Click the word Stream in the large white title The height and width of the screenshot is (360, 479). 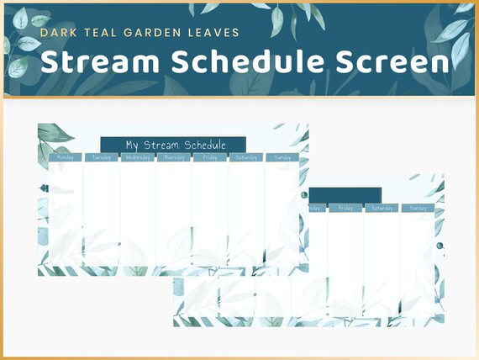click(99, 61)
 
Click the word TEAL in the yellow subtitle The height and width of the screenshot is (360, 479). click(97, 33)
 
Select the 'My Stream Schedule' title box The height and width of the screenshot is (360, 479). click(173, 146)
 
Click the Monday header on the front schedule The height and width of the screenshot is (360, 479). click(65, 157)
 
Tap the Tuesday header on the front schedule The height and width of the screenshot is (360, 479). click(101, 157)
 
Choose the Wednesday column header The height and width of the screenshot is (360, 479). click(137, 157)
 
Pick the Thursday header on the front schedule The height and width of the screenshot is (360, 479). click(173, 157)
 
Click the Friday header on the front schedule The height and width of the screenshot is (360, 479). click(209, 157)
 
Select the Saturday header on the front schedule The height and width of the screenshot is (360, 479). click(245, 157)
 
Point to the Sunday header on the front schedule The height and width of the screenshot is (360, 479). click(282, 157)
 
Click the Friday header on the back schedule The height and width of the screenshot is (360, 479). click(345, 208)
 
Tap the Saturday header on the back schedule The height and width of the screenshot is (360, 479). click(381, 208)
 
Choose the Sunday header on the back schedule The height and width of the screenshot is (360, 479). click(418, 208)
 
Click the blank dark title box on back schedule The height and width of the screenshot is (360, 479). click(345, 195)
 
